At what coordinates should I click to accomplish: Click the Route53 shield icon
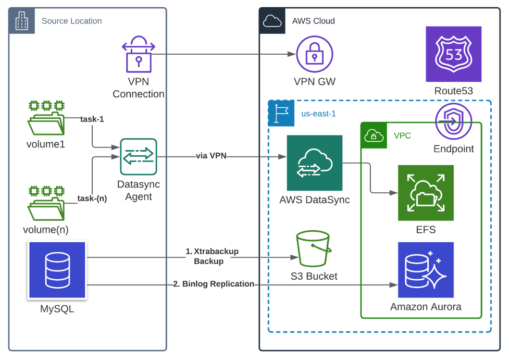(453, 54)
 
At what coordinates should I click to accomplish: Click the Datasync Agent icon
(138, 157)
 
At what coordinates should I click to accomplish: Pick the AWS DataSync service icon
(314, 163)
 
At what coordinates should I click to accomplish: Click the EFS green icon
(426, 193)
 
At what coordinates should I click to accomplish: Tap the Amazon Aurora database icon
(426, 269)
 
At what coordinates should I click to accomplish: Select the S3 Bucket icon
(313, 249)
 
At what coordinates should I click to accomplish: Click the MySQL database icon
(57, 270)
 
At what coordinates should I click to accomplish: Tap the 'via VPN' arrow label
(211, 156)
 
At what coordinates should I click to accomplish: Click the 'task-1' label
(92, 119)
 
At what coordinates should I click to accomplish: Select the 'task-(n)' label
(92, 198)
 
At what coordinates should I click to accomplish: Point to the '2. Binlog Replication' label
(214, 284)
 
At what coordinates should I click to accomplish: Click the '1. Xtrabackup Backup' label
(212, 256)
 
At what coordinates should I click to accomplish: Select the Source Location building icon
(21, 21)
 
